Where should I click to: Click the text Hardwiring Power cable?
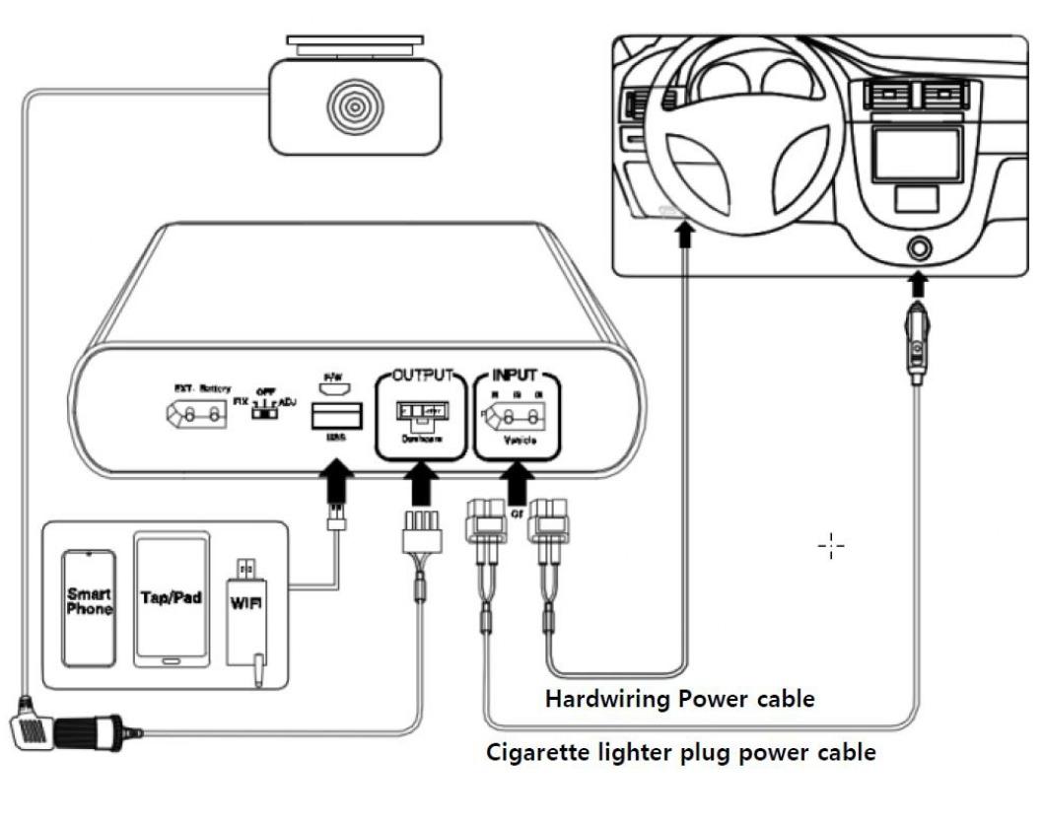(x=680, y=699)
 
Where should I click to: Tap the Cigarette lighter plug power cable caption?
(x=681, y=754)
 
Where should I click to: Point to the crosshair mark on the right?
(x=831, y=544)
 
